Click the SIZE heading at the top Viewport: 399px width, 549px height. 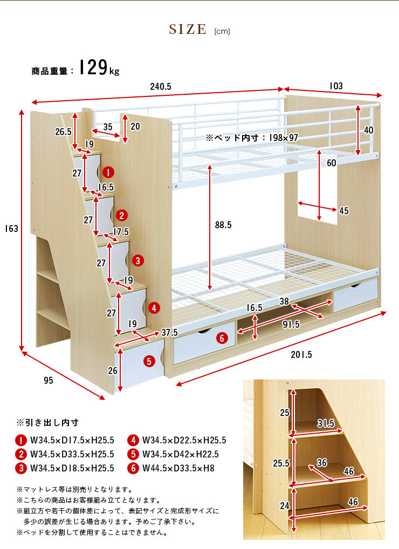point(188,30)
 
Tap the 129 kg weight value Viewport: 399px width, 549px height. point(99,67)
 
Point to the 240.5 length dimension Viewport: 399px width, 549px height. point(161,87)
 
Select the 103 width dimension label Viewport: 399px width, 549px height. point(336,86)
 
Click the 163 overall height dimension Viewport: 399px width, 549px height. point(11,229)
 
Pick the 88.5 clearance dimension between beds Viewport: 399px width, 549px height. point(223,225)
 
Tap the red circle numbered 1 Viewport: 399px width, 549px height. point(108,172)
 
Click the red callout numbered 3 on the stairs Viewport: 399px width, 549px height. point(138,261)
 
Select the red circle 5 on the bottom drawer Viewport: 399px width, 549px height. point(149,361)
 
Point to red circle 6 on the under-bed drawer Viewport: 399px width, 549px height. point(222,338)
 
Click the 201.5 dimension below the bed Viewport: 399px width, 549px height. point(301,355)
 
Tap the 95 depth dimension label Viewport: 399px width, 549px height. point(49,380)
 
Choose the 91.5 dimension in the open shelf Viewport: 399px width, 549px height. point(291,325)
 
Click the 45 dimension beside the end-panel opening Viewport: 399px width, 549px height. point(344,210)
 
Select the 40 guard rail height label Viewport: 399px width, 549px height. point(368,130)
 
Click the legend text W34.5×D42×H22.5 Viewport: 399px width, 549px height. point(180,454)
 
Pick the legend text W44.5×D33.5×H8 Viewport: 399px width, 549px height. point(178,468)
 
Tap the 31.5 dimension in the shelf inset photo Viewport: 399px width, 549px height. point(326,424)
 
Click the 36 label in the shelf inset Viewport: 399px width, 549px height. point(321,463)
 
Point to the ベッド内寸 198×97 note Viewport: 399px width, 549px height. point(252,138)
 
